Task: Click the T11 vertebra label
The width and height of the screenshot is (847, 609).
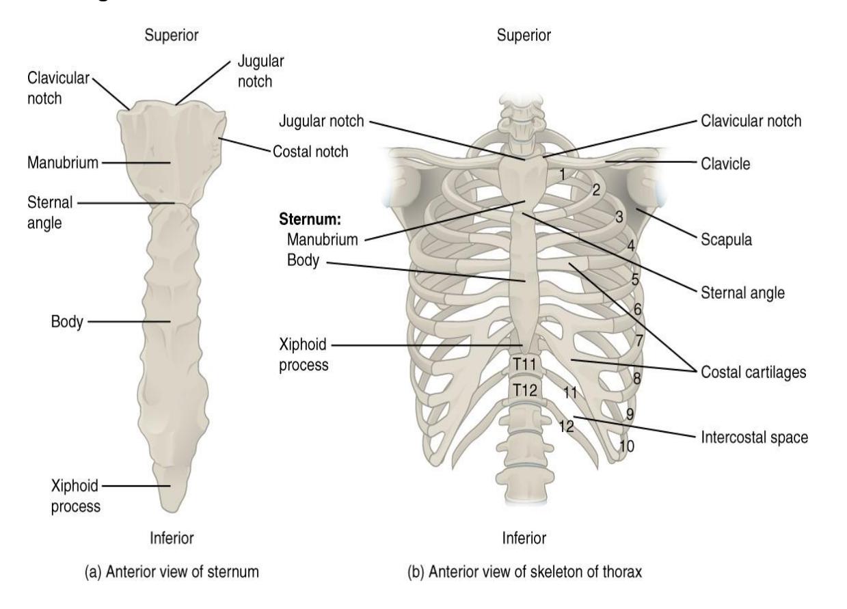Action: click(524, 364)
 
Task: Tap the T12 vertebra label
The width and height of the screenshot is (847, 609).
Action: click(525, 390)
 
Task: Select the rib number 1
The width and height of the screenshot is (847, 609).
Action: click(562, 174)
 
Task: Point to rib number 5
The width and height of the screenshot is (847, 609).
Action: click(635, 280)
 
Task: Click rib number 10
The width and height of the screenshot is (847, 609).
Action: click(627, 446)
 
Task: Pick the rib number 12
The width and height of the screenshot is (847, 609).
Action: click(567, 427)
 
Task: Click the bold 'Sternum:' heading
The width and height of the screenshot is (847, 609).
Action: click(310, 219)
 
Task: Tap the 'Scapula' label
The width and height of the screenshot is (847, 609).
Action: click(726, 240)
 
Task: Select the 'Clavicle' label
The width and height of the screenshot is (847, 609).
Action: click(725, 163)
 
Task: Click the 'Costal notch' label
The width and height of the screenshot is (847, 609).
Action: click(310, 152)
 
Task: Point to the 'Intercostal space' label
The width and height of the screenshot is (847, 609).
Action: click(754, 437)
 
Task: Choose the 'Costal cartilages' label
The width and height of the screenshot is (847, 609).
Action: click(753, 373)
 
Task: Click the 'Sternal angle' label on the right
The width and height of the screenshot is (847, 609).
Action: click(742, 293)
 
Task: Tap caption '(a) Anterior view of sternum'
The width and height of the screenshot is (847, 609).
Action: click(172, 572)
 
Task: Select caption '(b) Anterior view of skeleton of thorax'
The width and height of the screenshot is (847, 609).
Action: click(524, 572)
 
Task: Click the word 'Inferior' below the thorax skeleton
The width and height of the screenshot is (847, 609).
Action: click(524, 538)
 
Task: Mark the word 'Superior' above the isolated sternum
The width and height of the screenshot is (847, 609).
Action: click(172, 35)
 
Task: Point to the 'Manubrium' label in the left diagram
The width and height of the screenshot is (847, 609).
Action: click(63, 163)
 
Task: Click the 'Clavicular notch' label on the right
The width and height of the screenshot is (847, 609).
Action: click(751, 121)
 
